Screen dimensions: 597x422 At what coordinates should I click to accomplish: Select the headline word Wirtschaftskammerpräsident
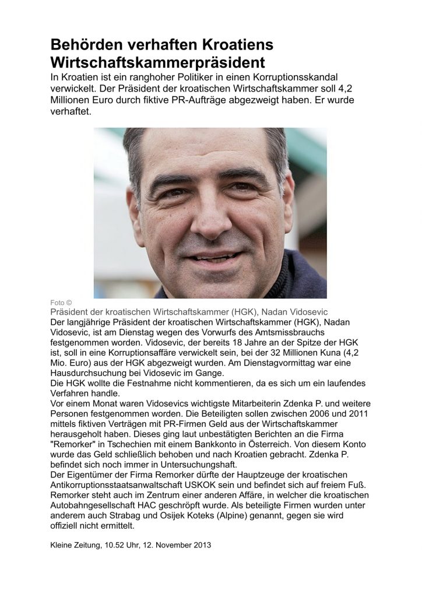pyautogui.click(x=157, y=62)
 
